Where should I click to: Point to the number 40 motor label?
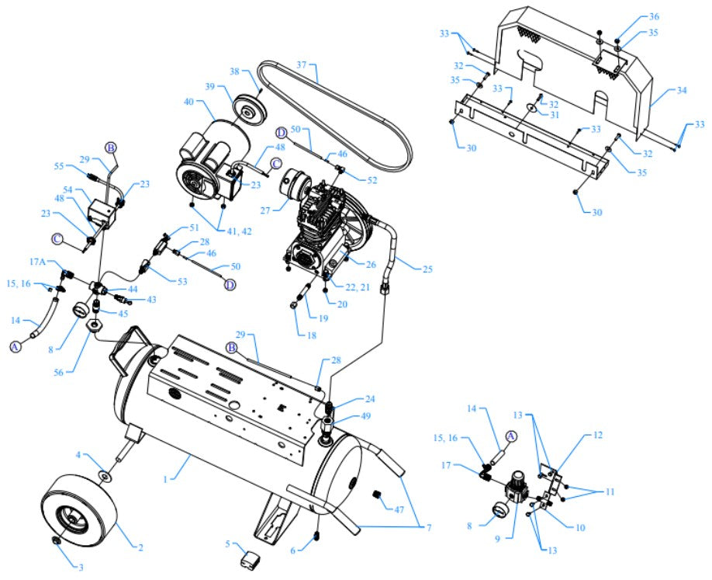[188, 102]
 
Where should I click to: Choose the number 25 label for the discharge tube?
[427, 269]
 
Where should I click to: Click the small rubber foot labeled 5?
[252, 559]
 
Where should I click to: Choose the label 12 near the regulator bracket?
[597, 436]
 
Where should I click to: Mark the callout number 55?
[59, 166]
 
